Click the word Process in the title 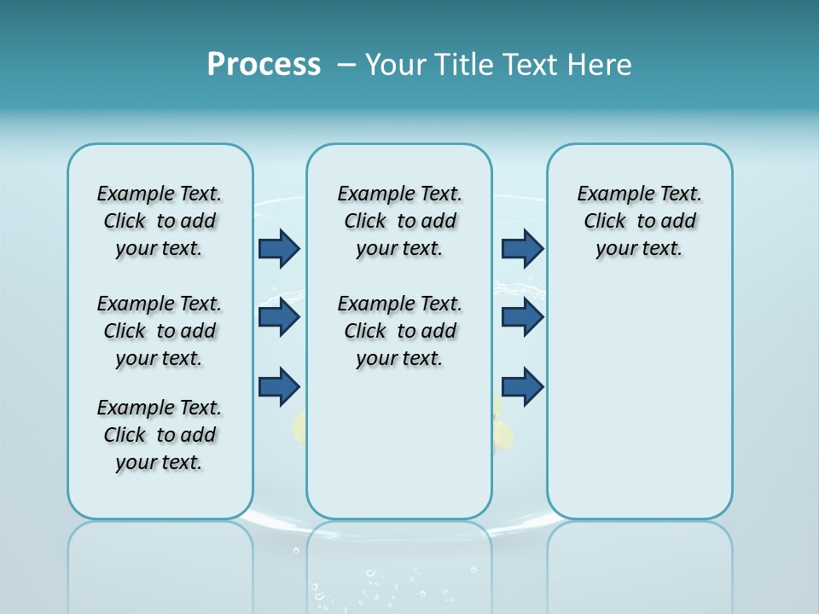(264, 65)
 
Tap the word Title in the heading (462, 65)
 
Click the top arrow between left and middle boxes (279, 248)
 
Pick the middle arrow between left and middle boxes (279, 317)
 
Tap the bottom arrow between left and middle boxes (279, 386)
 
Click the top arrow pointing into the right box (522, 248)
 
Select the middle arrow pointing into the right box (522, 317)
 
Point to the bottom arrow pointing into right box (522, 386)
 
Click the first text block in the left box (160, 221)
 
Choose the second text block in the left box (160, 331)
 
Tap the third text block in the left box (160, 435)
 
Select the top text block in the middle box (399, 221)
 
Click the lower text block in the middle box (399, 331)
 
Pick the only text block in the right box (639, 221)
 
